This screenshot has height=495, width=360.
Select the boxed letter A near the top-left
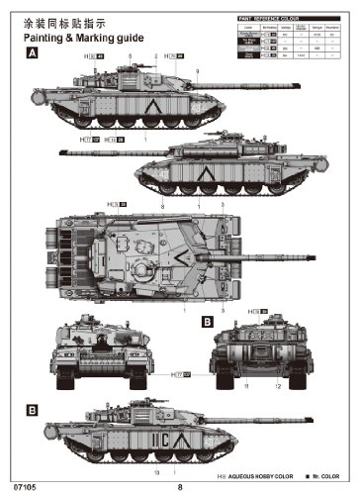pos(32,55)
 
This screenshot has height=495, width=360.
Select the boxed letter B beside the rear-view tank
pos(207,322)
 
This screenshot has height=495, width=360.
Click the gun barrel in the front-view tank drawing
pos(102,347)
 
